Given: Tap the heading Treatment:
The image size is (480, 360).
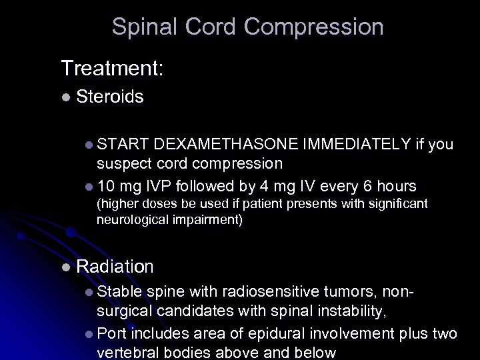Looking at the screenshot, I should pos(112,67).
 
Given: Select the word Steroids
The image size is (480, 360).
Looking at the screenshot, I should pos(110,97).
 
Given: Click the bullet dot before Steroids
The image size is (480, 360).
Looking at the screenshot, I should pos(65,97).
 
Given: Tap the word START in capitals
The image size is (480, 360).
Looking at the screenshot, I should pos(123,145).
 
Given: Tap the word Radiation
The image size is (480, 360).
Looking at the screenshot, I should pos(115,267).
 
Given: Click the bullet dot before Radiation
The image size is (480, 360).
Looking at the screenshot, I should pos(65,267).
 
